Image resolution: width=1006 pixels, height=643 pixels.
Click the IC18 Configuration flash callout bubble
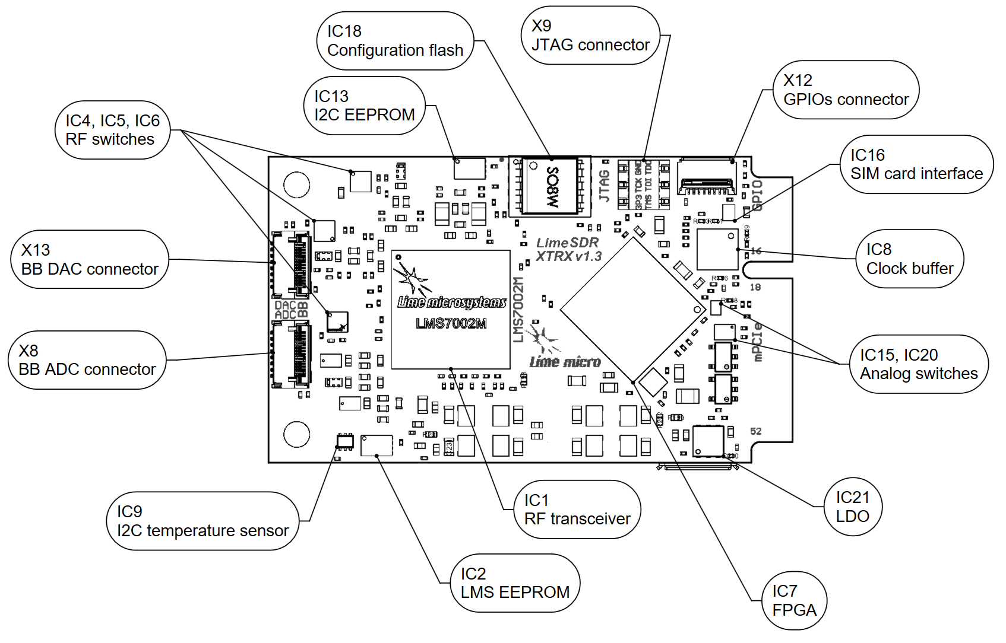[x=395, y=41]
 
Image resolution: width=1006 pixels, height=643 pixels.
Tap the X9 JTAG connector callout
[x=590, y=36]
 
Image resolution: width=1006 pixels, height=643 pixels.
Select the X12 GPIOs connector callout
[x=846, y=90]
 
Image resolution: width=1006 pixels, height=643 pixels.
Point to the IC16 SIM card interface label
[x=916, y=164]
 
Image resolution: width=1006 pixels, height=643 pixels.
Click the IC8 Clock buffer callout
[x=909, y=259]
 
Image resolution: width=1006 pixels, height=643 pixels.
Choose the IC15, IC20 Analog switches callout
[x=918, y=364]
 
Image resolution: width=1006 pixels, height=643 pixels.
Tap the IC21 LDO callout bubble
[x=852, y=507]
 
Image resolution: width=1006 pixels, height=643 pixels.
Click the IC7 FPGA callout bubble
[x=794, y=600]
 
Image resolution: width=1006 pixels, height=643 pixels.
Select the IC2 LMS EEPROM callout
[x=515, y=583]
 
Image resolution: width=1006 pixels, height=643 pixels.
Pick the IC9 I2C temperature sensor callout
[x=203, y=521]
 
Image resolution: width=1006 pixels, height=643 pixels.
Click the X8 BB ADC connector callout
[x=87, y=360]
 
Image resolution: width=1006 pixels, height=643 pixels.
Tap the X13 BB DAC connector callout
[x=90, y=259]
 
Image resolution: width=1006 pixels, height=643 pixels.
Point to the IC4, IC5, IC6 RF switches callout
[x=113, y=130]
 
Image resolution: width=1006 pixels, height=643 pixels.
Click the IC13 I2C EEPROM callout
[x=364, y=106]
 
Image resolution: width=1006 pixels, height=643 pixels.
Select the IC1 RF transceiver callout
[x=577, y=510]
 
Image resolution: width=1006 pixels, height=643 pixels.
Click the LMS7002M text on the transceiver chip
[x=451, y=323]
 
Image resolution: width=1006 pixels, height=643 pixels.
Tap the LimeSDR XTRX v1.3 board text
[x=568, y=250]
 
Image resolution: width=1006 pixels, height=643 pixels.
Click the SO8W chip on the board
[x=551, y=186]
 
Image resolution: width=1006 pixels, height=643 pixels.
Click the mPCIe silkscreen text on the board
[x=757, y=342]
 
